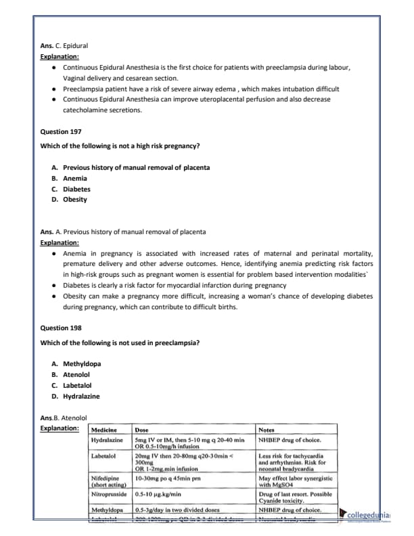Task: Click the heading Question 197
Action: point(61,131)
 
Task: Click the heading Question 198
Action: point(61,328)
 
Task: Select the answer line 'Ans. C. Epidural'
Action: point(64,45)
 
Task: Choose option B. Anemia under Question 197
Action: point(70,178)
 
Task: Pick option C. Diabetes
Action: point(71,189)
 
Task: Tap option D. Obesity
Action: point(70,199)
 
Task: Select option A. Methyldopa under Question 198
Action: point(76,363)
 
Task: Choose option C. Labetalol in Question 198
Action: point(74,385)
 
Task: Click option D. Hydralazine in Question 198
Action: point(76,396)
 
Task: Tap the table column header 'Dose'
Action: point(142,429)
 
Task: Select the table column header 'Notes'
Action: point(267,429)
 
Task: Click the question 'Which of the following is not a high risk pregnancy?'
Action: point(120,146)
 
